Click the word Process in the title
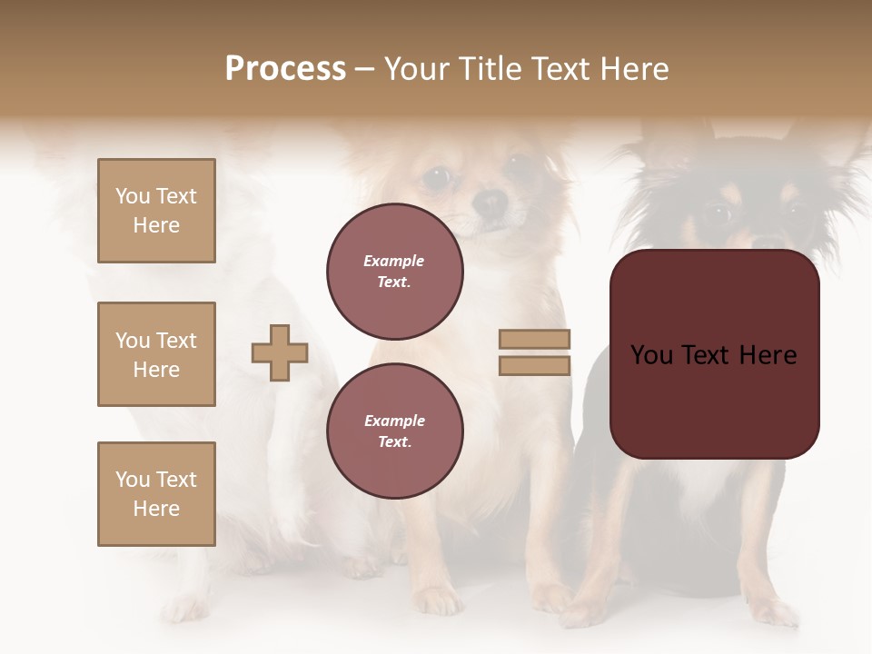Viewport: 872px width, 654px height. click(285, 69)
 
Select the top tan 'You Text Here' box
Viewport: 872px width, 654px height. click(156, 211)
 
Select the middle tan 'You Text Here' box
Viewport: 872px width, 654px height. click(156, 354)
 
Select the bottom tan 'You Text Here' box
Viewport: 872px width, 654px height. click(156, 494)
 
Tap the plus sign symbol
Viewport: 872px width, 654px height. click(280, 352)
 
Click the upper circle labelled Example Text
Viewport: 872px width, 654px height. click(394, 271)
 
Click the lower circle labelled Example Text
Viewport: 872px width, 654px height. click(394, 431)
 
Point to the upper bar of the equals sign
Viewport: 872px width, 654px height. click(534, 340)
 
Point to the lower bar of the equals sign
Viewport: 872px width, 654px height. click(534, 365)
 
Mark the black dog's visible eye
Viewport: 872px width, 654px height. click(718, 214)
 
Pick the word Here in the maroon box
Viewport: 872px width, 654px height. click(768, 354)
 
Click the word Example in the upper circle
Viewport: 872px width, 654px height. click(394, 261)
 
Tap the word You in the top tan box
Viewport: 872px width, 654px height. click(132, 196)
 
